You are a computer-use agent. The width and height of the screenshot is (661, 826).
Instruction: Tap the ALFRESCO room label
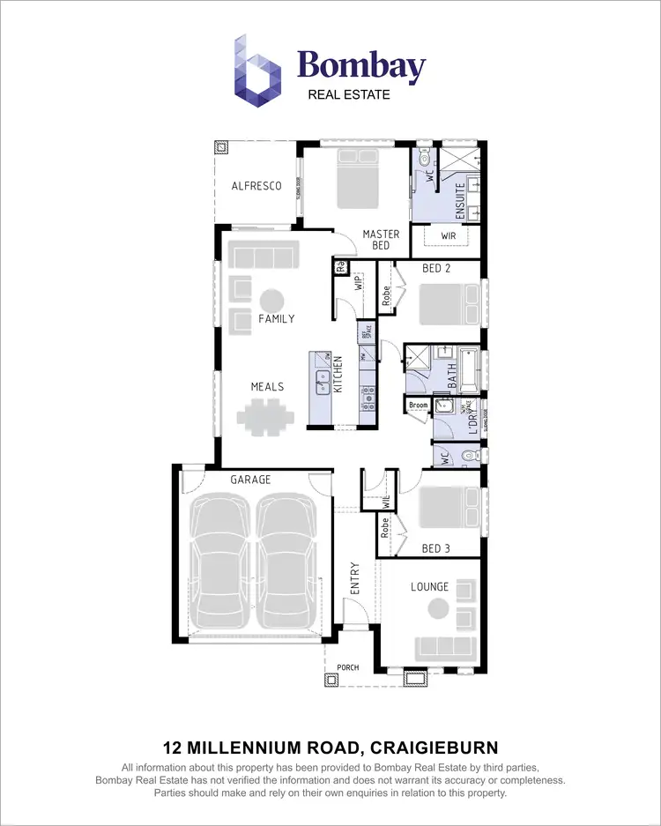pyautogui.click(x=256, y=186)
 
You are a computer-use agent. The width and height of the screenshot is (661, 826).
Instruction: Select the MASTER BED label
pyautogui.click(x=382, y=240)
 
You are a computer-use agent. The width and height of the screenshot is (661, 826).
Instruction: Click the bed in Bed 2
pyautogui.click(x=446, y=305)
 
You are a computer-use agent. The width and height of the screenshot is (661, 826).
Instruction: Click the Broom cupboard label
pyautogui.click(x=419, y=406)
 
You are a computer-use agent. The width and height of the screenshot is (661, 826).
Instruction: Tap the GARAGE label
pyautogui.click(x=250, y=480)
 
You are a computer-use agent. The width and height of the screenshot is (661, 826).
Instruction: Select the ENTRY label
pyautogui.click(x=355, y=578)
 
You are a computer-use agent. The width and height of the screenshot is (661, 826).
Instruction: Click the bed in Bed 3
pyautogui.click(x=446, y=508)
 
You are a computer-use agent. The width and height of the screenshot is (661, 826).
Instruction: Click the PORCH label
pyautogui.click(x=349, y=667)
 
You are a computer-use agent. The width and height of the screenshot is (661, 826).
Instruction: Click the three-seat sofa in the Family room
pyautogui.click(x=260, y=257)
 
